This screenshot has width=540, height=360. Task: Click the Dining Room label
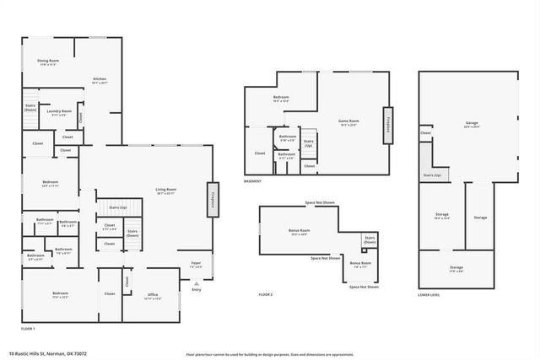pyautogui.click(x=48, y=62)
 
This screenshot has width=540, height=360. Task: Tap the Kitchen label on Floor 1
pyautogui.click(x=100, y=82)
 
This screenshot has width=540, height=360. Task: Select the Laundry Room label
pyautogui.click(x=59, y=113)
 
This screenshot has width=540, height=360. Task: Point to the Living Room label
pyautogui.click(x=165, y=191)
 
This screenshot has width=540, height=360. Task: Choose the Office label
pyautogui.click(x=153, y=296)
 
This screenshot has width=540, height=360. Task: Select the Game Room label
pyautogui.click(x=349, y=123)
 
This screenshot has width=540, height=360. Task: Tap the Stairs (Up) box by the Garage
pyautogui.click(x=432, y=175)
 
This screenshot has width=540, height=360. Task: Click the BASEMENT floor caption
pyautogui.click(x=252, y=181)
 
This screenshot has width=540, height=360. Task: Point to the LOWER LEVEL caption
pyautogui.click(x=429, y=294)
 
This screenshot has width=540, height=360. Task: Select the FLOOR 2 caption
pyautogui.click(x=266, y=294)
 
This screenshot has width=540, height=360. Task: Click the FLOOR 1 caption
pyautogui.click(x=28, y=327)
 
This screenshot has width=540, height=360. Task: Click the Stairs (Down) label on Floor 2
pyautogui.click(x=369, y=240)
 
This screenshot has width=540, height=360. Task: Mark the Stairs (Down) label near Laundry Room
pyautogui.click(x=30, y=109)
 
